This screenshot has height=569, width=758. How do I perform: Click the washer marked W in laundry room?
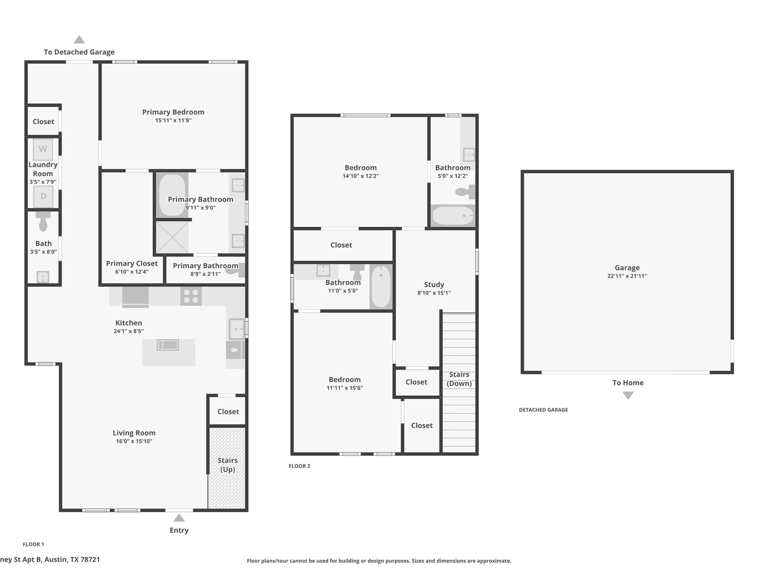pos(43,149)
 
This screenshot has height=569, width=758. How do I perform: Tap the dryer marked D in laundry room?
pos(43,196)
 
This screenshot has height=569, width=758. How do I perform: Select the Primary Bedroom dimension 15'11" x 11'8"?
pos(173,120)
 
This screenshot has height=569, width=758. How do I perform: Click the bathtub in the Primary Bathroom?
pos(172,195)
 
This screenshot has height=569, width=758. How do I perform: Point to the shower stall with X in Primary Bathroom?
pos(172,237)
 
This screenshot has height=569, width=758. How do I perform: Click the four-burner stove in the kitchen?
pos(191,296)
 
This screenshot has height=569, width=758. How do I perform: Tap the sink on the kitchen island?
pos(168,345)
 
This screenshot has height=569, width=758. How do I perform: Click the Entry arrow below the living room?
pos(179,518)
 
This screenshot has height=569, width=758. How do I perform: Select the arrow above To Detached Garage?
pos(79,40)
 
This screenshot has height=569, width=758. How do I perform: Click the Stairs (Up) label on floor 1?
pos(227,465)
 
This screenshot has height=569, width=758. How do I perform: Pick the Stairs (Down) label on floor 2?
pos(459,379)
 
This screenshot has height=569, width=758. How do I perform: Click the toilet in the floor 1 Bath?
pos(43,222)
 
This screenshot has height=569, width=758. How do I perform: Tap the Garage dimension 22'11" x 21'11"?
pos(627,276)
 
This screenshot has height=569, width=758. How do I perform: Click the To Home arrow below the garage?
pos(628,395)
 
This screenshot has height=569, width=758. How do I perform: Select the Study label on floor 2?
pos(434,284)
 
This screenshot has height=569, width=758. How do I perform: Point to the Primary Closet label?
pos(132,263)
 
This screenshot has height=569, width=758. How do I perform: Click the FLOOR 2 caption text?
pos(299,466)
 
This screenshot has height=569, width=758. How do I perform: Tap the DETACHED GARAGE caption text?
pos(543,410)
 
